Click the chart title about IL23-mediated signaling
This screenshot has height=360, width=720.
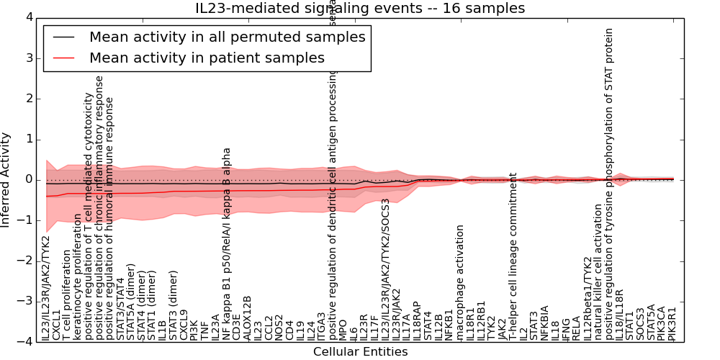360,9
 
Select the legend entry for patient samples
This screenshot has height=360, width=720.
207,58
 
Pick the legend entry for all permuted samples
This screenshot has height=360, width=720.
227,37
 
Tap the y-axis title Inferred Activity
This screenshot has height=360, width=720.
6,180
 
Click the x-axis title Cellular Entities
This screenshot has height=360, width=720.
360,352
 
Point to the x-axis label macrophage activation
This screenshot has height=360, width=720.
460,282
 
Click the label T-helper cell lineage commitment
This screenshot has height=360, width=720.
513,256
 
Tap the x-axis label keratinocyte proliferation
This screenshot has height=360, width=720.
78,276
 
